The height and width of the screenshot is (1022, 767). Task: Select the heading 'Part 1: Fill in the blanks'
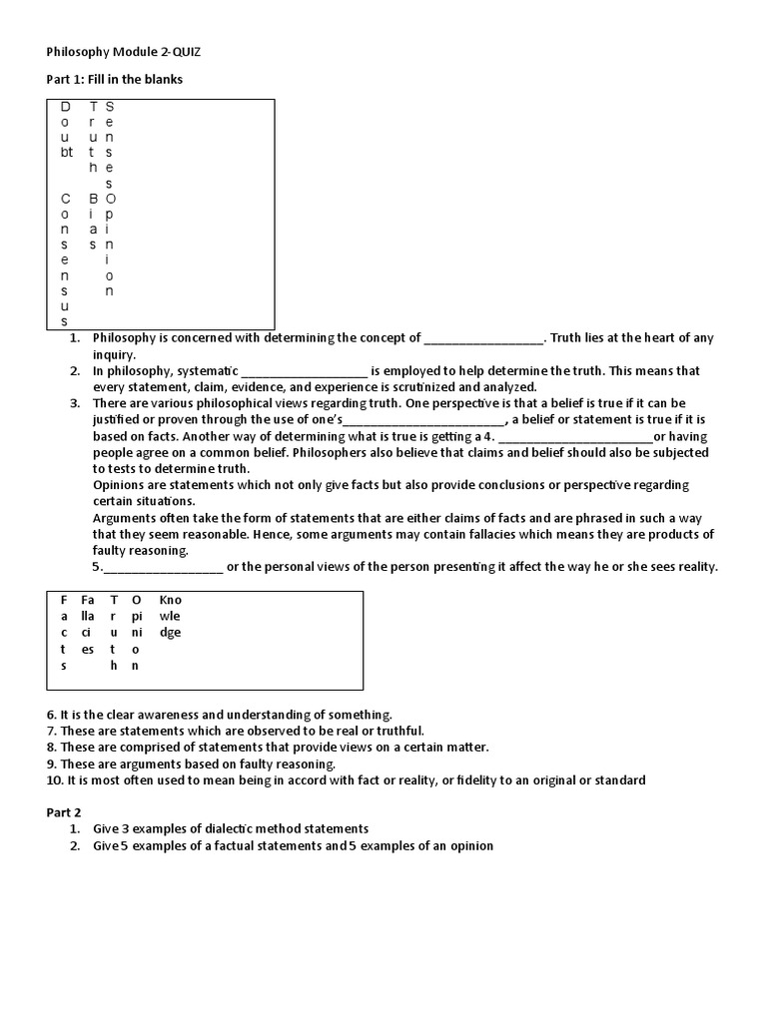click(x=115, y=79)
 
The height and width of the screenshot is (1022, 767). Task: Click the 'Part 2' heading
click(x=66, y=812)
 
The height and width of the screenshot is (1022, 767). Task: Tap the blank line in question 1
click(x=483, y=338)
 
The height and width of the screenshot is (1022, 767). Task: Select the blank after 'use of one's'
click(x=424, y=419)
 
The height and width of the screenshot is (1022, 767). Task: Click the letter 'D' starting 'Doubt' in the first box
click(x=66, y=106)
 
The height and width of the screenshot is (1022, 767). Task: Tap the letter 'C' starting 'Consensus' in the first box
click(x=66, y=199)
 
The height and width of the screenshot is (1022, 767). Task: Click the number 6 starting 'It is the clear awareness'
click(x=51, y=715)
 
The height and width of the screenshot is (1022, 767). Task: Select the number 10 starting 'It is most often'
click(x=54, y=779)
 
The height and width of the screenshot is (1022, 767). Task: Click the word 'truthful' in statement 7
click(x=394, y=731)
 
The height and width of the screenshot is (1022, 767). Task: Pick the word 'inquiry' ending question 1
click(x=114, y=354)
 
